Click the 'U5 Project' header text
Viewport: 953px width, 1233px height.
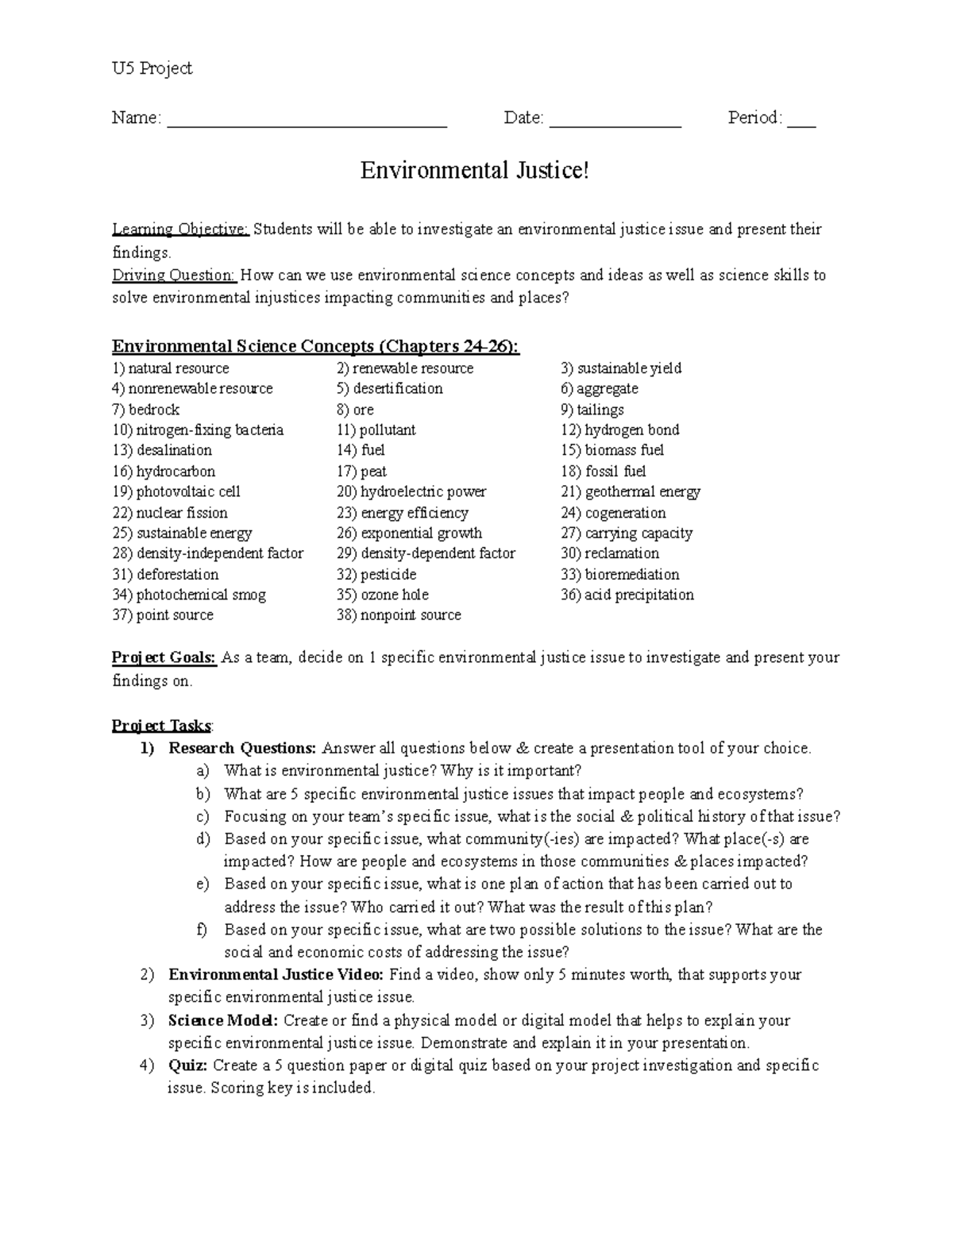(152, 69)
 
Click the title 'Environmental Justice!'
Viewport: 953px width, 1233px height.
(475, 171)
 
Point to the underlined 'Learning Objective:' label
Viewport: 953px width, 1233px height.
(180, 229)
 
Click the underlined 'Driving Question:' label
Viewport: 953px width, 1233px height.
(174, 275)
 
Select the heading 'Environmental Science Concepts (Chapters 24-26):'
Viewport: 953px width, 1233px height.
(315, 346)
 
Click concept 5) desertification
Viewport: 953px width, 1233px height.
(389, 389)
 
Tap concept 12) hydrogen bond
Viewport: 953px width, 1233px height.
(619, 430)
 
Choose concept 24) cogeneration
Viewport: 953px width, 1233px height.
(613, 513)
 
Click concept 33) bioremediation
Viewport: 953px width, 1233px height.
(619, 574)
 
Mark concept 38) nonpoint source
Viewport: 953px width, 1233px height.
(398, 615)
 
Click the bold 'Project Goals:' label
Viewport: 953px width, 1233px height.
(164, 657)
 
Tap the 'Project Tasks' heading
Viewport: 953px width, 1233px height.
(161, 726)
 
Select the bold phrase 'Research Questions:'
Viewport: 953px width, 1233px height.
(242, 748)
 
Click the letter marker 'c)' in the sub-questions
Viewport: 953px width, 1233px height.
(203, 816)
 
